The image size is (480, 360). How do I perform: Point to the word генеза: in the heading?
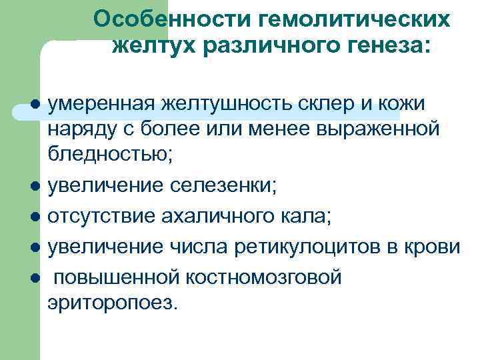tap(389, 47)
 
